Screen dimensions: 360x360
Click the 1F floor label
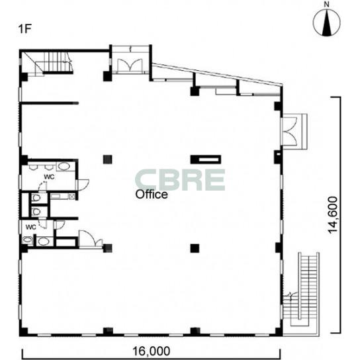tap(24, 29)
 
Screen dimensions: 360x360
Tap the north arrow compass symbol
tap(326, 22)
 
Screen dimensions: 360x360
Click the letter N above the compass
tap(326, 4)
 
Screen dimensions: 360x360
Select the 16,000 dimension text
tap(152, 351)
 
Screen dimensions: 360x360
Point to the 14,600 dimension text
tap(333, 215)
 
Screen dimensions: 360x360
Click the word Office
tap(152, 195)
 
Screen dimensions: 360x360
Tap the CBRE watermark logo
tap(179, 180)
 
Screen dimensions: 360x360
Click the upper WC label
tap(49, 177)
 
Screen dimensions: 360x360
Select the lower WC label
tap(30, 227)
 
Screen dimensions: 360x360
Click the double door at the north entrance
tap(130, 66)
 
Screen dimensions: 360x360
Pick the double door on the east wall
tap(290, 131)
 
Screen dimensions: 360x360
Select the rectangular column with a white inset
tap(206, 159)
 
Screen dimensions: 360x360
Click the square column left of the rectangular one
tap(107, 159)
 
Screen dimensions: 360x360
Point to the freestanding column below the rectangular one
tap(195, 248)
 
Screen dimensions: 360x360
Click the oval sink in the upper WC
tap(64, 166)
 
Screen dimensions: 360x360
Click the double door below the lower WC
tap(91, 239)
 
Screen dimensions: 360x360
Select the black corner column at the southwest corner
tap(23, 332)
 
